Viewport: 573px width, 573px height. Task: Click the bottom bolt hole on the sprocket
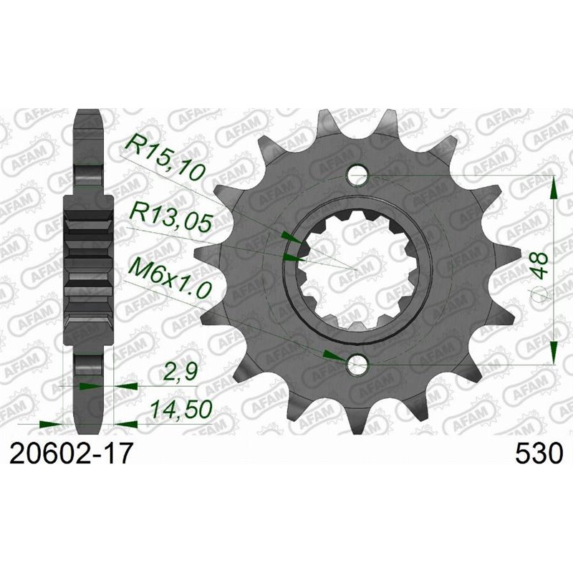[357, 365]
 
